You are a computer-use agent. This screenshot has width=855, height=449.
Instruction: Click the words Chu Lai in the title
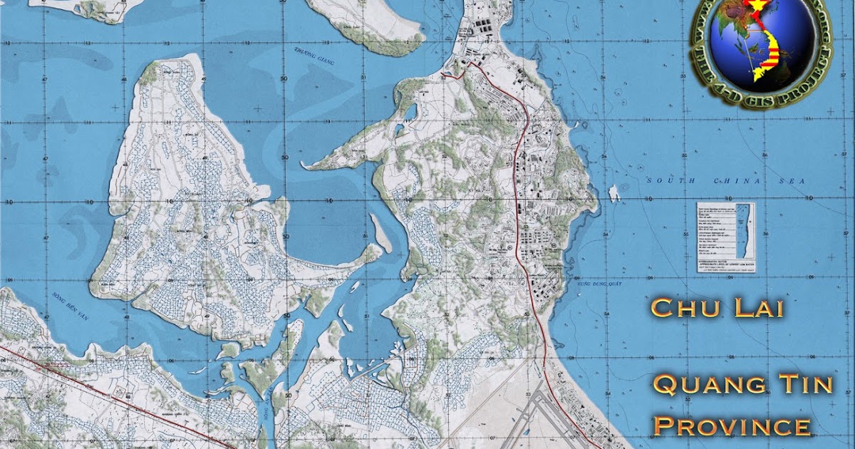point(717,309)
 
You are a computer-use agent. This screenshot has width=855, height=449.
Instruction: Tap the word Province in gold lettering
point(732,426)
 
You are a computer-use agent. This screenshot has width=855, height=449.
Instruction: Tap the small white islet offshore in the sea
point(613,193)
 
